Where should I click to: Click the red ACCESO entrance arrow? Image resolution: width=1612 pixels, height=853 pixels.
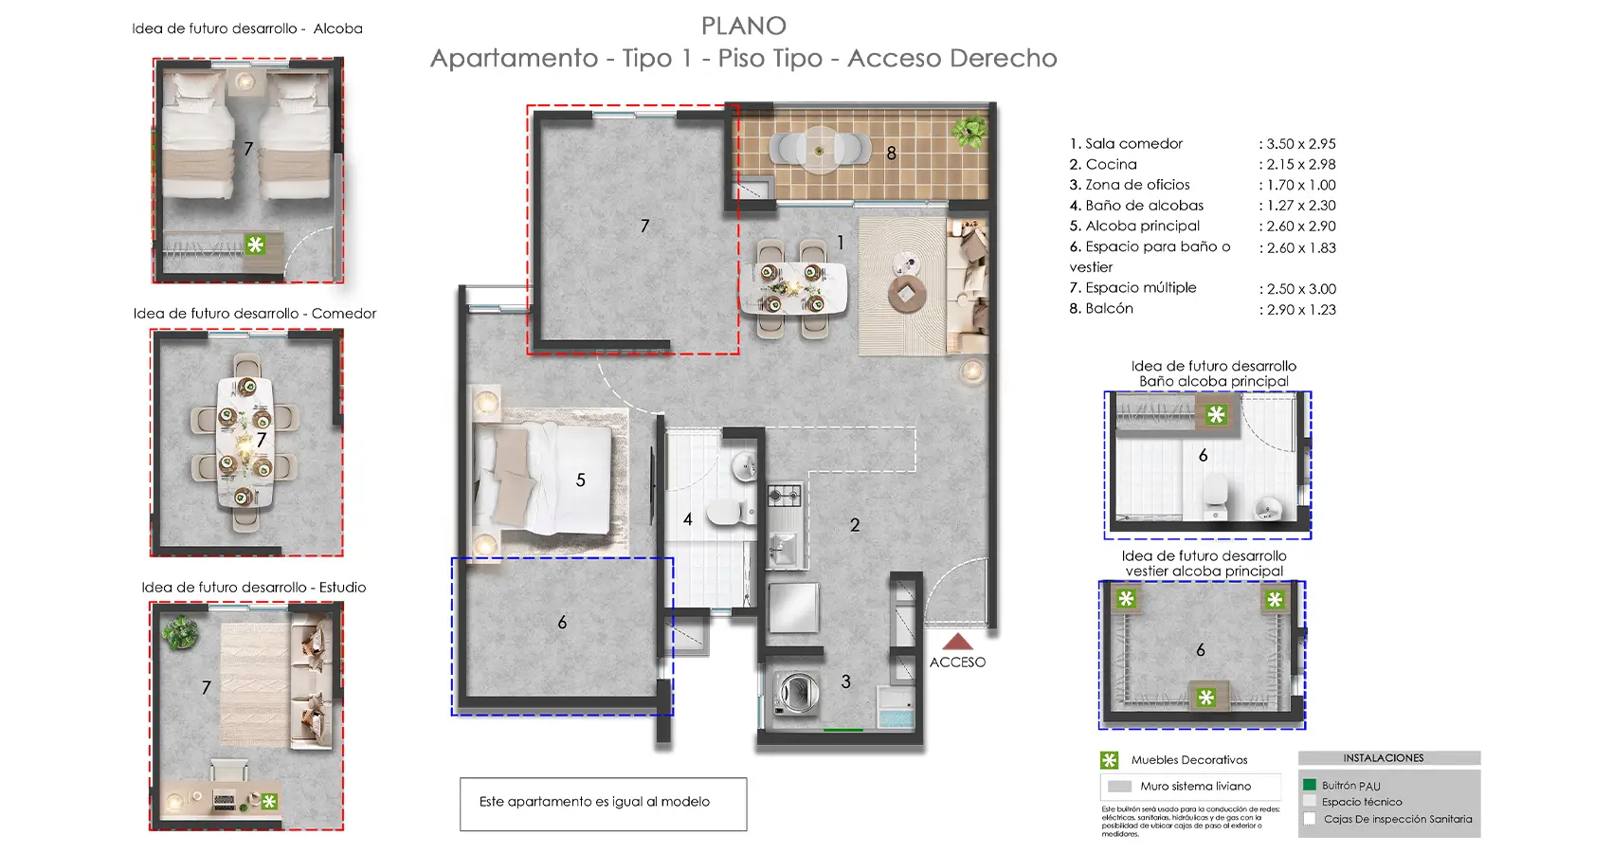pos(958,642)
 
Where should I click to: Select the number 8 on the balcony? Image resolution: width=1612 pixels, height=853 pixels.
pos(891,153)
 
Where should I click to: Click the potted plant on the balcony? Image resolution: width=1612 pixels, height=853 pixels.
pos(970,129)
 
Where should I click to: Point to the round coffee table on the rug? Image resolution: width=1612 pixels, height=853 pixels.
pos(907,295)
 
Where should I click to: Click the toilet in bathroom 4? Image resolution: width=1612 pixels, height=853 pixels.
pos(725,512)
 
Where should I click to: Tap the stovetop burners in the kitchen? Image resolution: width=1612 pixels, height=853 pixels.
pos(784,495)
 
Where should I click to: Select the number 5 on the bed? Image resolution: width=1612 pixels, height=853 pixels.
pos(581,481)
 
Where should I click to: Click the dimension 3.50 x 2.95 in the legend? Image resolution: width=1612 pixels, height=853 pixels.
pos(1300,144)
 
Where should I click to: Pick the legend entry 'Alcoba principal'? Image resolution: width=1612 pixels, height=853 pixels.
pos(1142,226)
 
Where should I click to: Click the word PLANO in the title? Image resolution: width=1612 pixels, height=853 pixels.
pos(744,26)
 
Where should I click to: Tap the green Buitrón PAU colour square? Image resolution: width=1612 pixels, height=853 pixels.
pos(1310,785)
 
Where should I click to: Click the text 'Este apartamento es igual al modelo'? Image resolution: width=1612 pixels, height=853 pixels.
pos(594,802)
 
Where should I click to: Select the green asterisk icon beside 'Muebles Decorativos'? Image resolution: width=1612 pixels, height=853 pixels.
pos(1109,760)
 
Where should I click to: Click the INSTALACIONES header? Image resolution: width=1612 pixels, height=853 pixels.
pos(1383,758)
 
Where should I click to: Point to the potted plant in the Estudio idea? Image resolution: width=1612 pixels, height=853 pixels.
pos(179,632)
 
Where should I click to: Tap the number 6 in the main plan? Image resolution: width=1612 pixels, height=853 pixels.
pos(562,623)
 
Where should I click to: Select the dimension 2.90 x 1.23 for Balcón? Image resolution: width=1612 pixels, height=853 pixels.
pos(1301,310)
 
